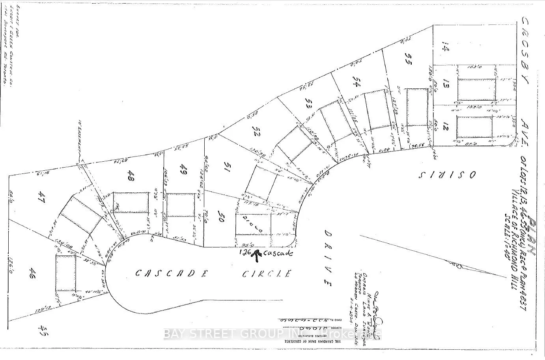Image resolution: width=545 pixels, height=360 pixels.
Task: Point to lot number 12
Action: click(x=446, y=127)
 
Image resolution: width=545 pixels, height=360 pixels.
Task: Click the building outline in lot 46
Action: click(x=65, y=272)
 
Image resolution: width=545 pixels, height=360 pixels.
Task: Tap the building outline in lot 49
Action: click(x=181, y=204)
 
